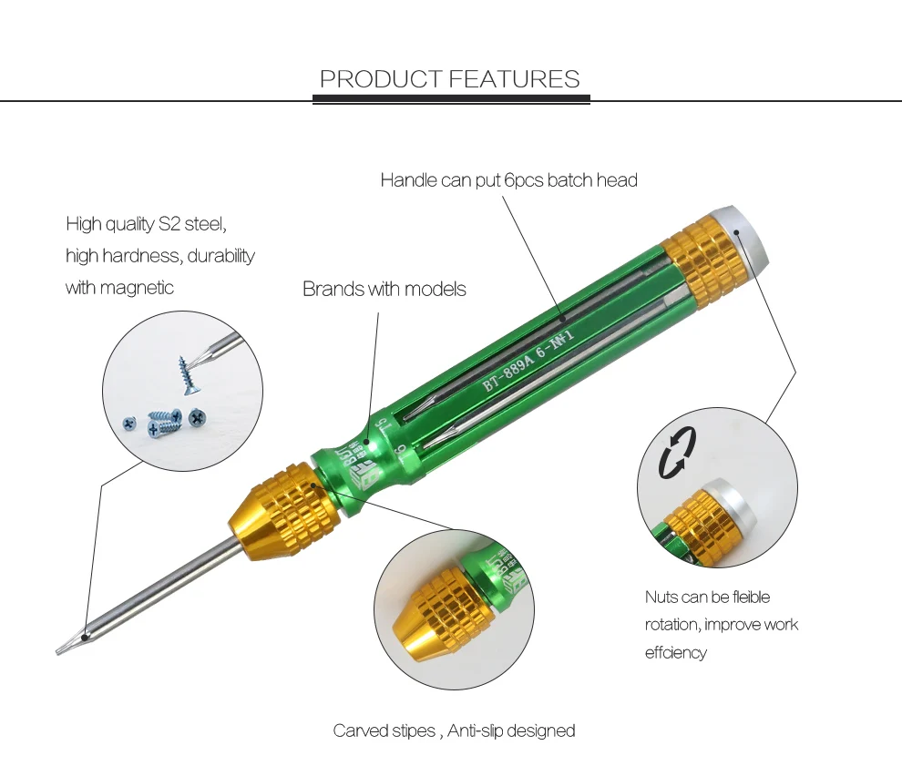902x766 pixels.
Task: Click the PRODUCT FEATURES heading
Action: pyautogui.click(x=450, y=79)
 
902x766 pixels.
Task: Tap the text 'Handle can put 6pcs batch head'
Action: pyautogui.click(x=508, y=180)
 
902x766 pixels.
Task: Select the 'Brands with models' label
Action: pyautogui.click(x=384, y=290)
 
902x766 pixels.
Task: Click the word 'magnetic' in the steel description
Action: pyautogui.click(x=137, y=288)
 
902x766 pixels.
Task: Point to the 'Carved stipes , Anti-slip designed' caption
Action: pyautogui.click(x=454, y=730)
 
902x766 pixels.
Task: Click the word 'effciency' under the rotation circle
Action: pyautogui.click(x=675, y=652)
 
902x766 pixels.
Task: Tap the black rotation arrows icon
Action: pyautogui.click(x=678, y=452)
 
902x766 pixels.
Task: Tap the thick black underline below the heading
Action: pyautogui.click(x=451, y=99)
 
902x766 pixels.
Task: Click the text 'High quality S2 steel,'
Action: pyautogui.click(x=146, y=224)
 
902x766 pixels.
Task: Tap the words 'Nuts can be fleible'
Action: pyautogui.click(x=707, y=597)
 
